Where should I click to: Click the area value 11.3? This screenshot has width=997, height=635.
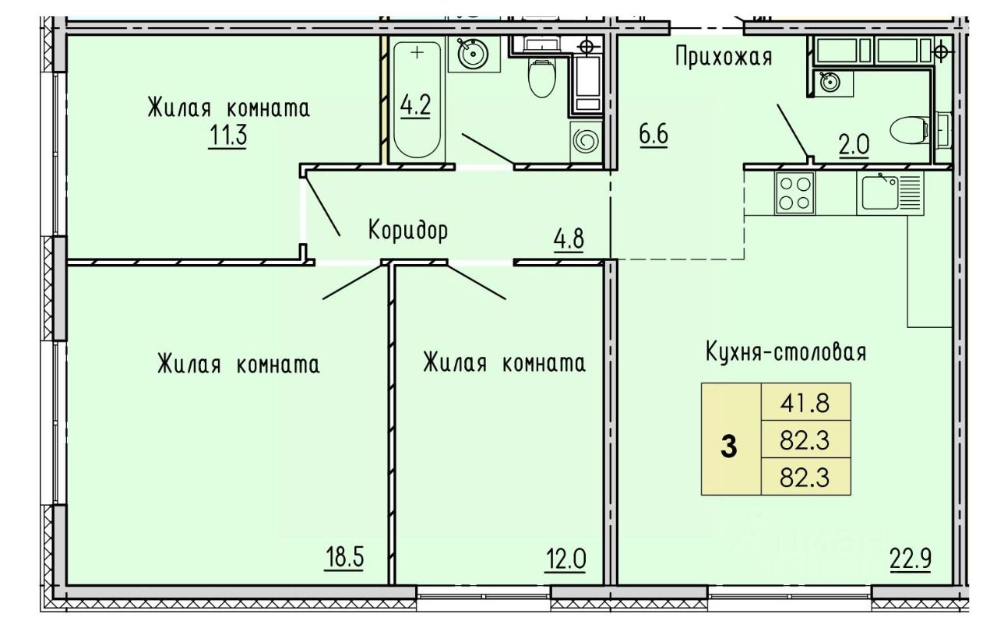(227, 136)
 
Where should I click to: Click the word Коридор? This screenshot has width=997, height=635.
(407, 231)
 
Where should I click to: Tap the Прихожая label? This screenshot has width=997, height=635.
(724, 57)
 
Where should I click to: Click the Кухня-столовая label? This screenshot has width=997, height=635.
(786, 351)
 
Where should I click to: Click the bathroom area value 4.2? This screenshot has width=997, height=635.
(415, 105)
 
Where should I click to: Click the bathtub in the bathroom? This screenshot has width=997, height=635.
(418, 101)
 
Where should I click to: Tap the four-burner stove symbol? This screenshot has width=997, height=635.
(794, 192)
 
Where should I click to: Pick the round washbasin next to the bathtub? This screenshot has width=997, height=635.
(474, 54)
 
